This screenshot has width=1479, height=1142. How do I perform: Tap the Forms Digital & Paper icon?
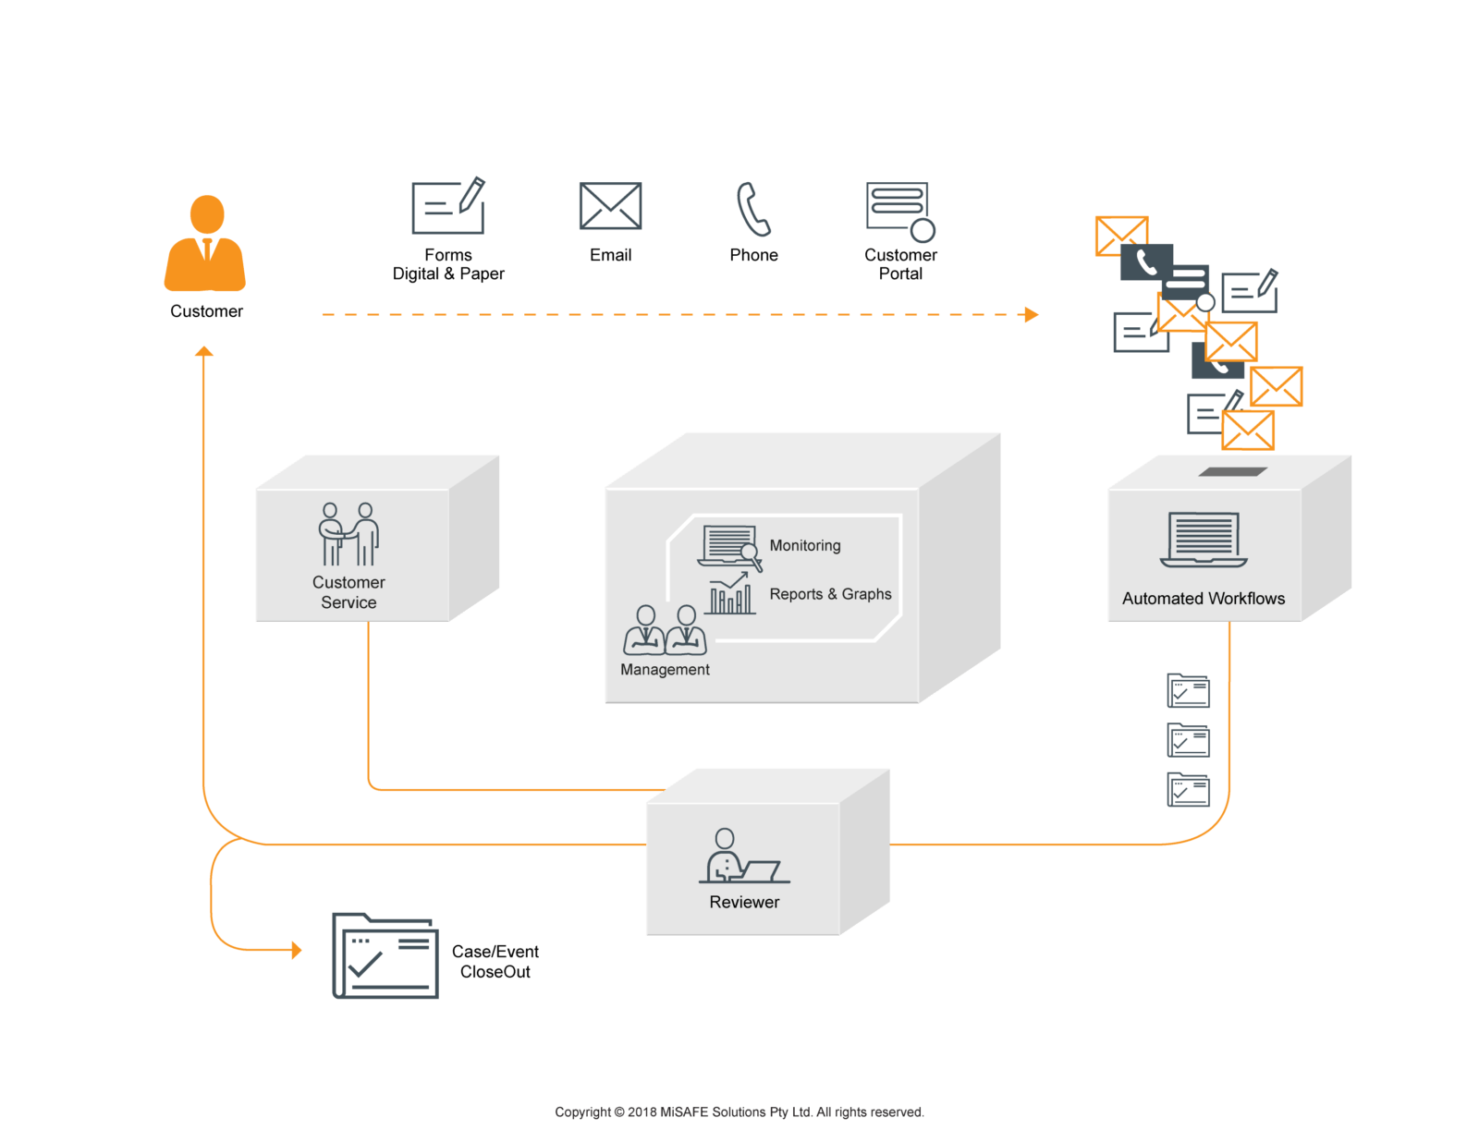(x=448, y=205)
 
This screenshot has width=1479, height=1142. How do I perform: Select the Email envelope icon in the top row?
(x=610, y=205)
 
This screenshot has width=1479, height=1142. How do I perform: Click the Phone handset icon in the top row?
(x=752, y=209)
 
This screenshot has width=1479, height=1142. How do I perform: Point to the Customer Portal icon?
(x=899, y=212)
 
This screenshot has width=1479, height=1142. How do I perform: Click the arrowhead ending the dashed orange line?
(x=1032, y=314)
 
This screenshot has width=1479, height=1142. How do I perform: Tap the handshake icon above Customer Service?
(x=348, y=534)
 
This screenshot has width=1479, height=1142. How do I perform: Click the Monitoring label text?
(x=804, y=545)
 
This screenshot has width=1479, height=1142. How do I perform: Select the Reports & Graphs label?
(x=830, y=594)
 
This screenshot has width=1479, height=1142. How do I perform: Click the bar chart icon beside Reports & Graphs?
(x=729, y=593)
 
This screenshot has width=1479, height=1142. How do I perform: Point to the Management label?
(x=665, y=669)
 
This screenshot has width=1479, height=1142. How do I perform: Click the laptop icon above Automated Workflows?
(x=1203, y=541)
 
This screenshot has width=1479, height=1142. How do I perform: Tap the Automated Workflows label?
(x=1203, y=599)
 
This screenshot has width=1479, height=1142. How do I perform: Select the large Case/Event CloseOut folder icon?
(x=385, y=955)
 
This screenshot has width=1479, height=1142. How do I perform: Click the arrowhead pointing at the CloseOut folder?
(x=296, y=950)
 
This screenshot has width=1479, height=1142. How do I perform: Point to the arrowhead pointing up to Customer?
(x=203, y=351)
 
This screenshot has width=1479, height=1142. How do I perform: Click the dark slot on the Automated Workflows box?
(x=1232, y=471)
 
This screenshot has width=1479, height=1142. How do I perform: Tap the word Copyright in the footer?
(x=582, y=1112)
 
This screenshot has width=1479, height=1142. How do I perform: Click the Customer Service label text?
(x=348, y=592)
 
